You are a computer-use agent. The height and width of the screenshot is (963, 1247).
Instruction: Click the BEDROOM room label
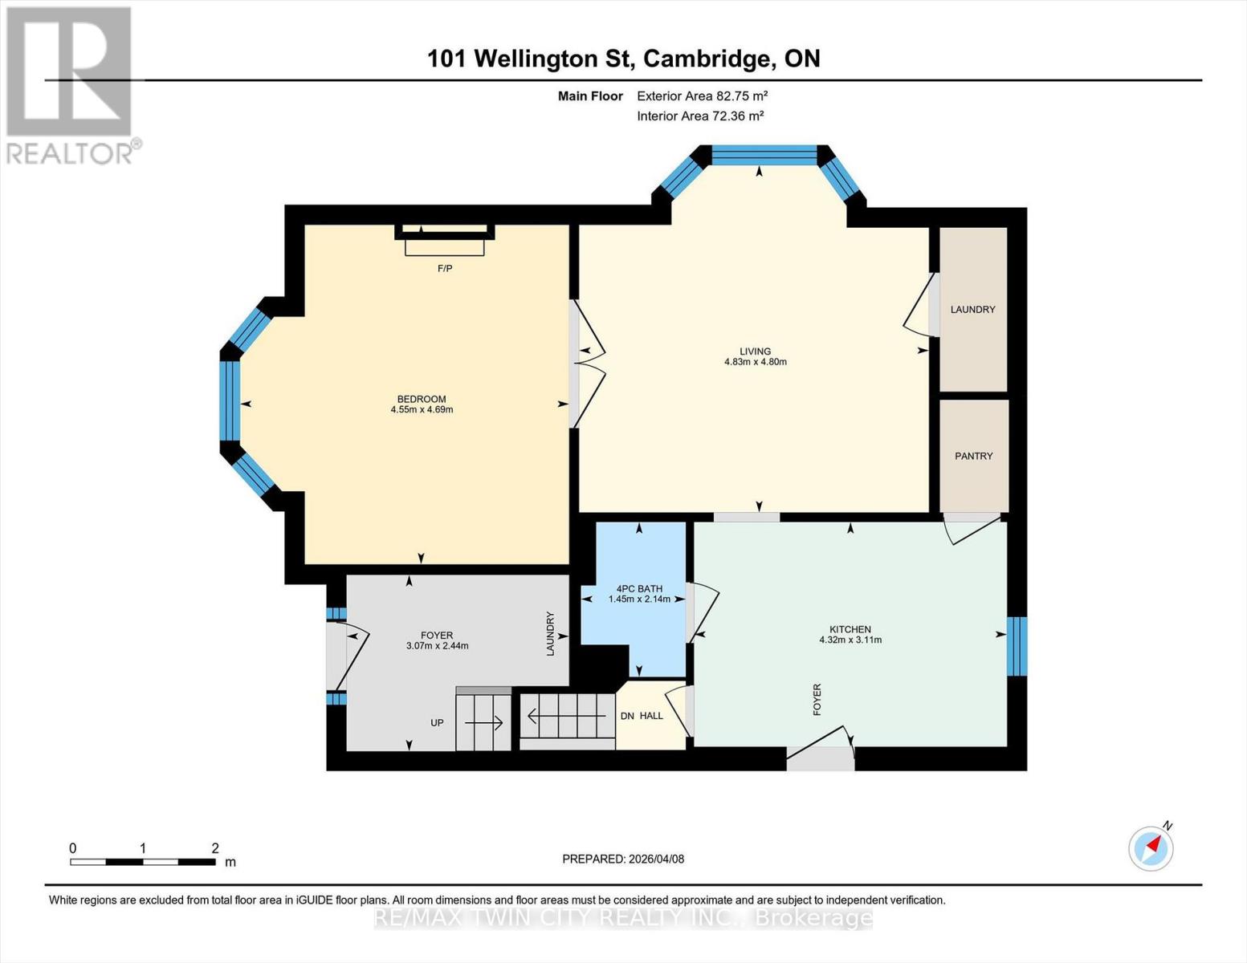click(422, 399)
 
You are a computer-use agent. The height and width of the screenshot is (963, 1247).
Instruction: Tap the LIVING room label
click(755, 351)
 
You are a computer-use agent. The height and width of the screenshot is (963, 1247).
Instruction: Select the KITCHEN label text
click(850, 629)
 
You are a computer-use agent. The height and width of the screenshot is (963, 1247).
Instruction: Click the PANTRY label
click(973, 456)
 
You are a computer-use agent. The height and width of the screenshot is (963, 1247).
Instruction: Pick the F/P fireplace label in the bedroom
click(445, 268)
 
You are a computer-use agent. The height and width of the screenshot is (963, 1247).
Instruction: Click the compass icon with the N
click(1151, 847)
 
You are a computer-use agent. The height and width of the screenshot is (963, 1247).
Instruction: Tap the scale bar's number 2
click(215, 848)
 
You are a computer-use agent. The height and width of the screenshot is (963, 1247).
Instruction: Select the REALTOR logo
click(71, 85)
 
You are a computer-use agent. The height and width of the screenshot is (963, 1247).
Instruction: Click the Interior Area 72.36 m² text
click(699, 116)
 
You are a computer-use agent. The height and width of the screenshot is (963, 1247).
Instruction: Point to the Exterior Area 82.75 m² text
click(702, 95)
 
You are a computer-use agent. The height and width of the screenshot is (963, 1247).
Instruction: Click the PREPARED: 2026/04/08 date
click(623, 859)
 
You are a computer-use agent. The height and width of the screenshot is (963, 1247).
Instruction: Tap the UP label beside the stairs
click(437, 722)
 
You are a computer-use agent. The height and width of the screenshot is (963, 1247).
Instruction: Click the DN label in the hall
click(627, 715)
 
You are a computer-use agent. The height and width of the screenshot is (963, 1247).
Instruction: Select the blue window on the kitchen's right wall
click(1017, 645)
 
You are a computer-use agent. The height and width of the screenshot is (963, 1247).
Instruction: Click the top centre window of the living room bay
click(764, 155)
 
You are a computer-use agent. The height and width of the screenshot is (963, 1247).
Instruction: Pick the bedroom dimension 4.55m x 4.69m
click(422, 409)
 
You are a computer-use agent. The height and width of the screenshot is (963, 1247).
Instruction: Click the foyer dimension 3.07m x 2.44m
click(437, 645)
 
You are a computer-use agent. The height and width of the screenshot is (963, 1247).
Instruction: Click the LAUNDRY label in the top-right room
click(972, 309)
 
